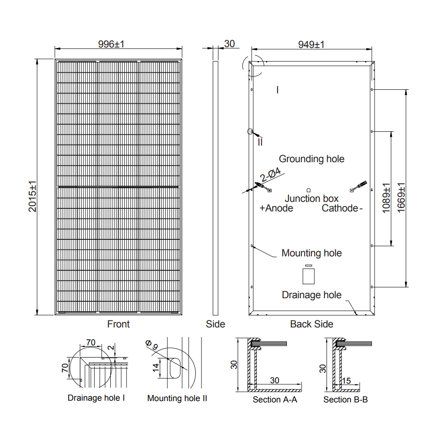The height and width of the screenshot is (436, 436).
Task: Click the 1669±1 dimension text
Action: (x=401, y=198)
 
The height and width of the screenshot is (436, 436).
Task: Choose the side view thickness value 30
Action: (x=229, y=44)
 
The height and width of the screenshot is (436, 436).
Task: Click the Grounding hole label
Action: (x=311, y=159)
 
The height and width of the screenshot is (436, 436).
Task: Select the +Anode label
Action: (x=276, y=208)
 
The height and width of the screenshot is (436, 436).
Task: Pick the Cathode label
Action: (x=340, y=208)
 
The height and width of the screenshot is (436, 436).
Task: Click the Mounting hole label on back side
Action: (x=311, y=253)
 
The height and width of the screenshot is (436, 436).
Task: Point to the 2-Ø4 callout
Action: (x=270, y=175)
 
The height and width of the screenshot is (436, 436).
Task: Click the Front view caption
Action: (x=118, y=324)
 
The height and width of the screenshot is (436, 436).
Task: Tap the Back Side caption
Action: (x=311, y=324)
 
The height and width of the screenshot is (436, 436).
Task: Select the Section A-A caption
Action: (x=275, y=399)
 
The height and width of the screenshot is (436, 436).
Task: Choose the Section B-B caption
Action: (x=345, y=399)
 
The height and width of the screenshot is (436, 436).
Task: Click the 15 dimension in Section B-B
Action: (x=347, y=381)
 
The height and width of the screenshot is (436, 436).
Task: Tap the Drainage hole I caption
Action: (x=96, y=398)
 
